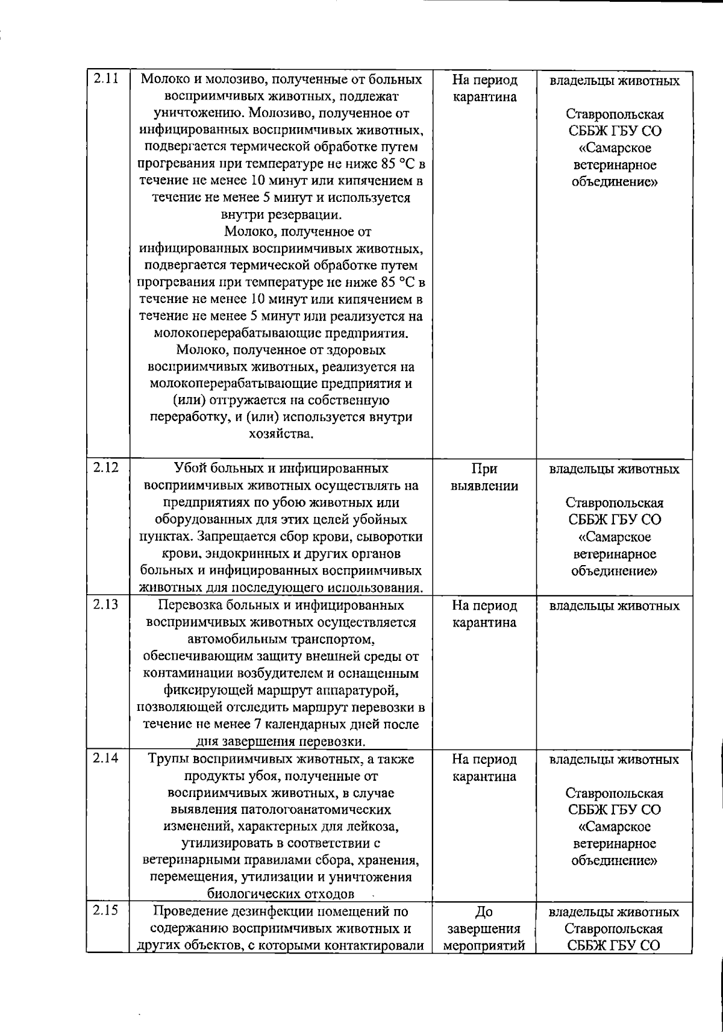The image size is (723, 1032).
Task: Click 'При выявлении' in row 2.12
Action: coord(484,477)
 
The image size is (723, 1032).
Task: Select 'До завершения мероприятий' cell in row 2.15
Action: coord(484,928)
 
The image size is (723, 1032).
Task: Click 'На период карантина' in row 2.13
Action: coord(484,614)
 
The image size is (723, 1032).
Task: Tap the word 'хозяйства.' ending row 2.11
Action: coord(281,434)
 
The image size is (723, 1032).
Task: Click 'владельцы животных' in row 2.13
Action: coord(614,606)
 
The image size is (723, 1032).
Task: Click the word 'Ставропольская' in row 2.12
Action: coord(614,503)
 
